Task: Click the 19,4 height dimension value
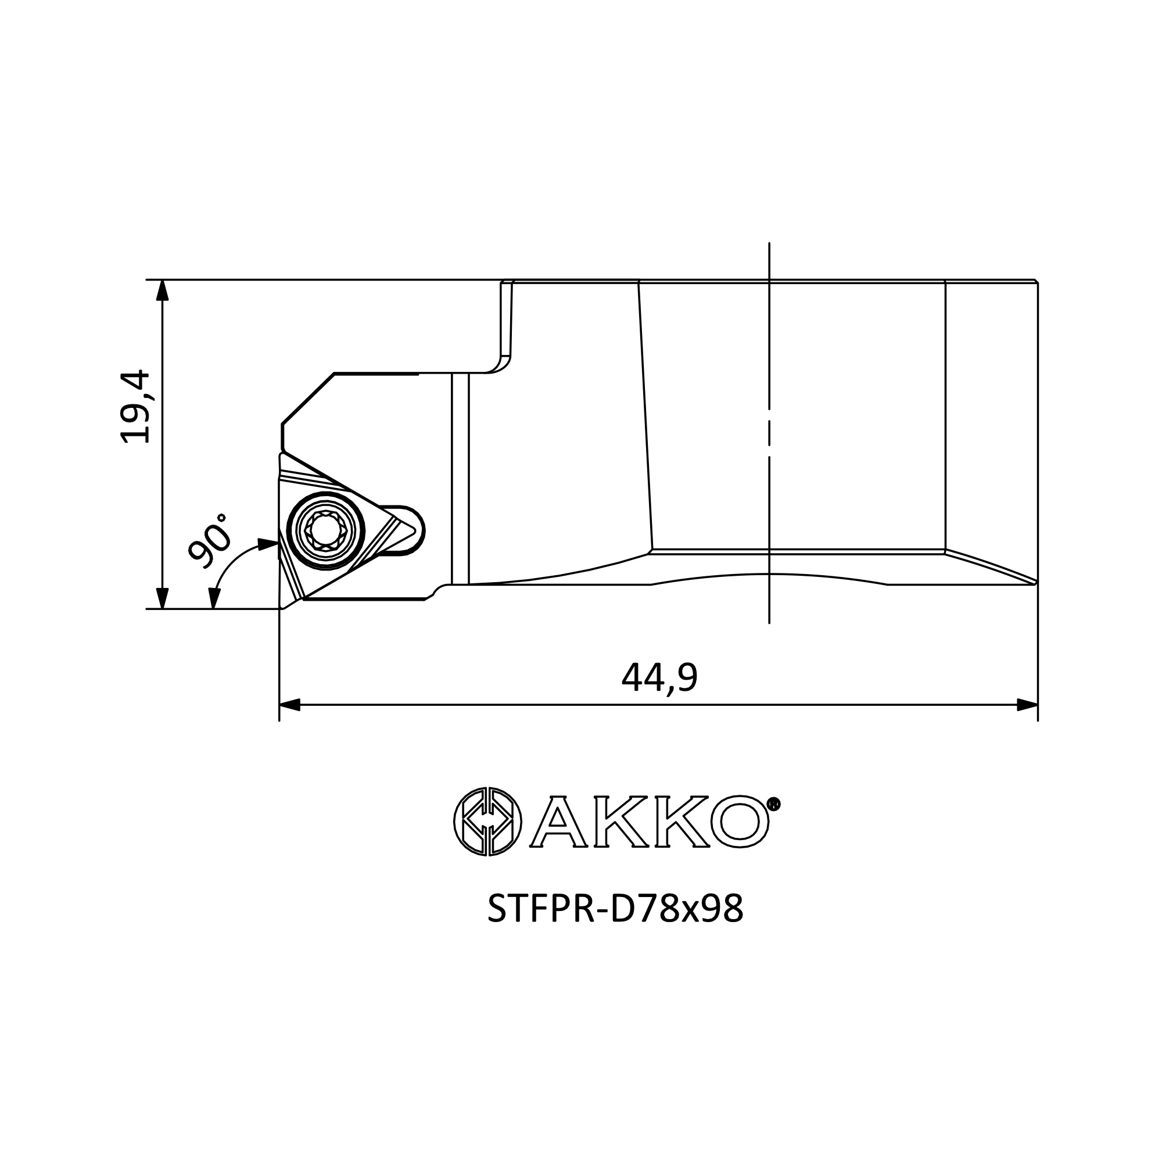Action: tap(135, 407)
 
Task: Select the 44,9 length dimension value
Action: tap(660, 678)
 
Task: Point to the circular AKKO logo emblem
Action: tap(488, 822)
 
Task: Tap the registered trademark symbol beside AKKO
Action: tap(774, 805)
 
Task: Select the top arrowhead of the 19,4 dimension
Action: tap(162, 290)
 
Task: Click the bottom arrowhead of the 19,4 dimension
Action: tap(162, 598)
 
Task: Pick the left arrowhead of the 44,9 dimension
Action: tap(290, 705)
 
